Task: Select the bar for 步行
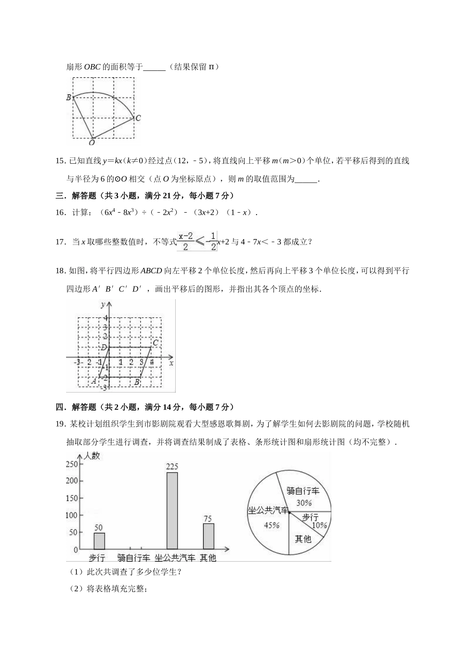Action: (99, 541)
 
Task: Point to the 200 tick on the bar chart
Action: (72, 481)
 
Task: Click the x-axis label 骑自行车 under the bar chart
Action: (133, 558)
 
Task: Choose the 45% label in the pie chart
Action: (272, 526)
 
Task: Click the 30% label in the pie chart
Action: (304, 503)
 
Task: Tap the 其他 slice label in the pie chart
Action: (302, 539)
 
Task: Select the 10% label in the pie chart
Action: (319, 526)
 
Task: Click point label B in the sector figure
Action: (69, 97)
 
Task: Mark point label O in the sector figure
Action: (92, 143)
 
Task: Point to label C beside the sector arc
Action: (138, 118)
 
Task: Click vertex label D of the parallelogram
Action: (103, 348)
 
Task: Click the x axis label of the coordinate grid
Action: (171, 363)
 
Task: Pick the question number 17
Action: (61, 241)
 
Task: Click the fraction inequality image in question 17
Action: (197, 241)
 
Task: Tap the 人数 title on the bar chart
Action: (92, 456)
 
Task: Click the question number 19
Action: (61, 424)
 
